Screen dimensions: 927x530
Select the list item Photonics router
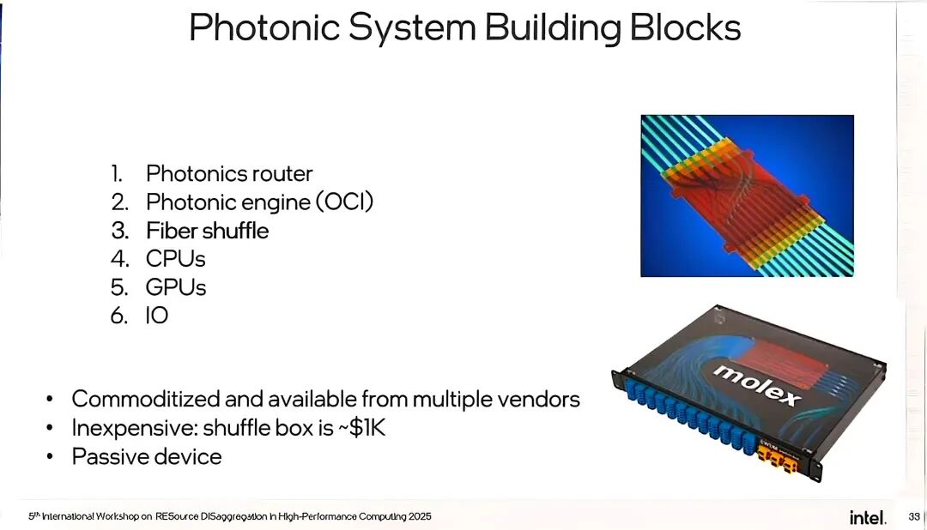[229, 173]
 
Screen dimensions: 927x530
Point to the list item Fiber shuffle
[207, 231]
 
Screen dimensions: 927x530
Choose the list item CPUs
[176, 258]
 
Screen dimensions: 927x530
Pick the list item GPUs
[176, 286]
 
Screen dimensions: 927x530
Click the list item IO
[157, 315]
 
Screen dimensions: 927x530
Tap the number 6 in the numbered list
[118, 315]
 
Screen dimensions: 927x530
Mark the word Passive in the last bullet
[106, 456]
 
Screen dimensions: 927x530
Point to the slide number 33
[913, 516]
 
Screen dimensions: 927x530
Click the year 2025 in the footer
[420, 516]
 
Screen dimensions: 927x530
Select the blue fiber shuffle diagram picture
[747, 196]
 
